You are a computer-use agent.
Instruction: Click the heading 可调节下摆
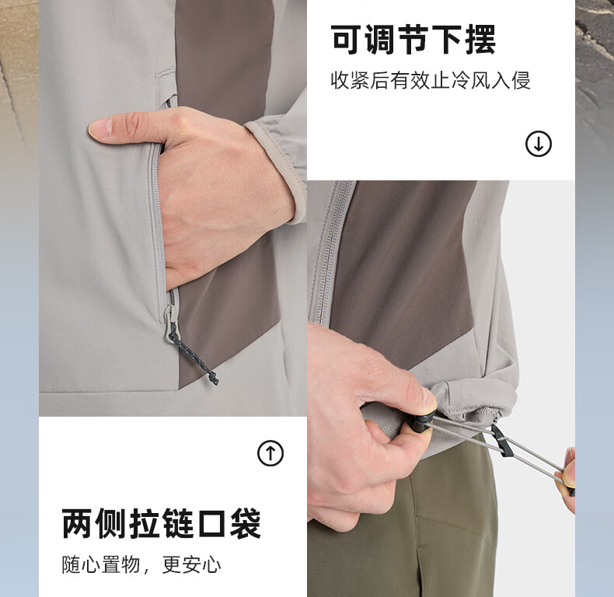click(x=413, y=39)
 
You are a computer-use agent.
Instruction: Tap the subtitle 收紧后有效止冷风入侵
click(x=431, y=81)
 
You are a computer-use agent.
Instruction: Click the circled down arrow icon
click(x=539, y=144)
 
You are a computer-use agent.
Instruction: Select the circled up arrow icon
click(x=270, y=453)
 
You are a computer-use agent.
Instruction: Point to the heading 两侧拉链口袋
click(x=162, y=523)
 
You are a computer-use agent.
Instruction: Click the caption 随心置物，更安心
click(x=141, y=565)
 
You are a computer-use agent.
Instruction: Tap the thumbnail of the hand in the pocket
click(x=173, y=208)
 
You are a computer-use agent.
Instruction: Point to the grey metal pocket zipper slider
click(x=171, y=323)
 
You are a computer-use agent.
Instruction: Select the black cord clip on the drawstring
click(x=501, y=441)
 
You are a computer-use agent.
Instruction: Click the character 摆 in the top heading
click(x=481, y=39)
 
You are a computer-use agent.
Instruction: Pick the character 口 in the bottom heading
click(x=211, y=523)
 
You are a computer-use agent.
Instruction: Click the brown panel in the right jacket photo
click(x=403, y=271)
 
